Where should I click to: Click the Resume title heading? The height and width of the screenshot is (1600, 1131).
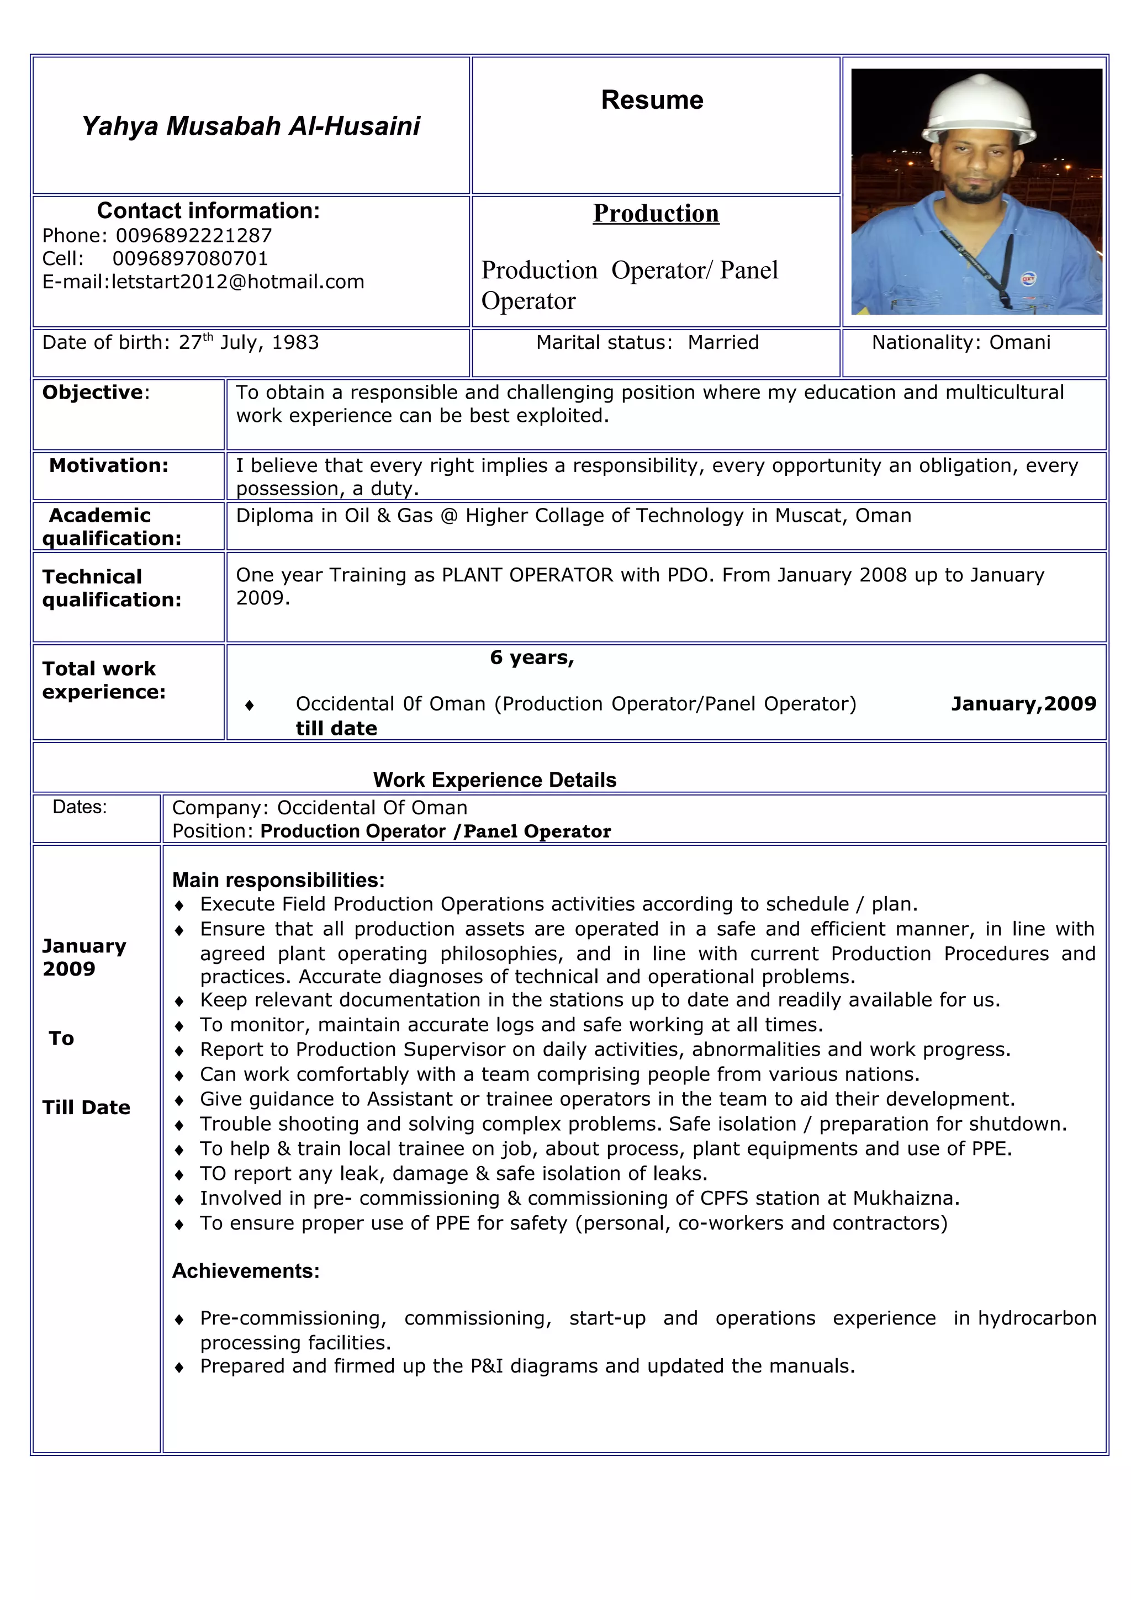pyautogui.click(x=652, y=100)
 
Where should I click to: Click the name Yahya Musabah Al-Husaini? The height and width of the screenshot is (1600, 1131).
pyautogui.click(x=251, y=126)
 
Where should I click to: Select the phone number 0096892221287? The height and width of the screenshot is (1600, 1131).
pyautogui.click(x=194, y=236)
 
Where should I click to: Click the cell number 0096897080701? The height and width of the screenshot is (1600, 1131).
pyautogui.click(x=190, y=258)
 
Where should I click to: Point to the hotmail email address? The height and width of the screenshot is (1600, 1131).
pyautogui.click(x=237, y=282)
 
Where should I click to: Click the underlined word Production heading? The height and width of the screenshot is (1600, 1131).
pyautogui.click(x=656, y=213)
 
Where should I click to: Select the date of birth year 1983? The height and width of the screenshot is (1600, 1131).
pyautogui.click(x=295, y=343)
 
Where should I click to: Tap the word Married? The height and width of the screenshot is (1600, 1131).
pyautogui.click(x=723, y=342)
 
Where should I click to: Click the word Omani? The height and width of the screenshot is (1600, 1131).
pyautogui.click(x=1019, y=342)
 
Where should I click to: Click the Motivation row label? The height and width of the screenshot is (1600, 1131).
pyautogui.click(x=109, y=465)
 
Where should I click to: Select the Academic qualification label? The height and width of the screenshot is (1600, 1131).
pyautogui.click(x=111, y=527)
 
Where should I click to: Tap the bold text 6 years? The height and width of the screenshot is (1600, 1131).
pyautogui.click(x=532, y=657)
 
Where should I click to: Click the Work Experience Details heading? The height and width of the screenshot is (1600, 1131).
pyautogui.click(x=495, y=780)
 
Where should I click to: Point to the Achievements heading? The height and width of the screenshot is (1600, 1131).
pyautogui.click(x=245, y=1271)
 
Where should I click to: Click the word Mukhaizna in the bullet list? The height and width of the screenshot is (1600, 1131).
pyautogui.click(x=905, y=1198)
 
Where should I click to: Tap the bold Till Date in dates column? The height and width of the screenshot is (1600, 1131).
pyautogui.click(x=86, y=1108)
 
